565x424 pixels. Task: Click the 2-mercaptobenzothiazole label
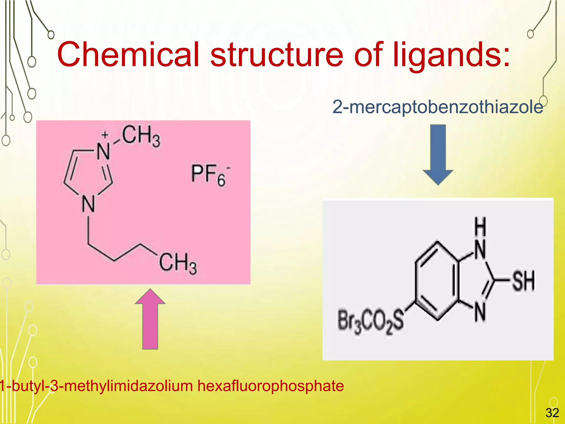click(438, 107)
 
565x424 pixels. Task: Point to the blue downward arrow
click(438, 155)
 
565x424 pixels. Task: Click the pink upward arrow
click(150, 319)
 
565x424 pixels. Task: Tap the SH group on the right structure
click(523, 281)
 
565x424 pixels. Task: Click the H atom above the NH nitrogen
click(480, 227)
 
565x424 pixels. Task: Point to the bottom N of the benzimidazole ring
click(480, 312)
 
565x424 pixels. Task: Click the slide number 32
click(552, 413)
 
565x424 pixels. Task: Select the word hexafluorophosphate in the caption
click(270, 386)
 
